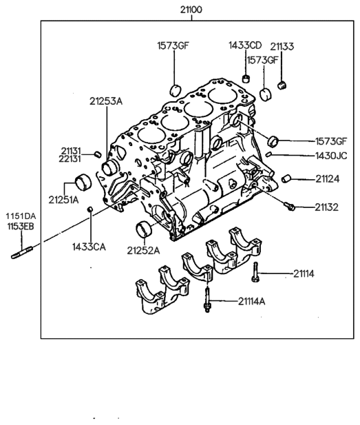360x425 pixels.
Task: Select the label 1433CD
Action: click(x=246, y=45)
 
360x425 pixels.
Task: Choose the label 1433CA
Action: click(x=89, y=246)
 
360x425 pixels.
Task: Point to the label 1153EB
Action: click(x=21, y=224)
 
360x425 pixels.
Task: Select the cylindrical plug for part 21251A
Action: click(x=83, y=183)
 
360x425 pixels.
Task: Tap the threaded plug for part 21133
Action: click(x=281, y=85)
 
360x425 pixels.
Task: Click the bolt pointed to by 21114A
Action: click(x=207, y=304)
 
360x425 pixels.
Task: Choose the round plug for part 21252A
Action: click(x=145, y=229)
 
